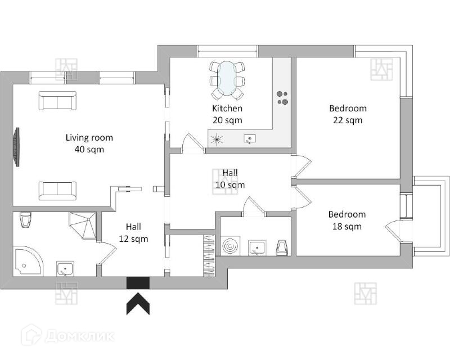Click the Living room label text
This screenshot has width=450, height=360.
pos(89,137)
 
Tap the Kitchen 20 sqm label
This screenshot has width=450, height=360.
pos(227,114)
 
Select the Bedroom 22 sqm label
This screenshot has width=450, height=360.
pos(348,114)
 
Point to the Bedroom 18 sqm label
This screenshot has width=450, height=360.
pos(347,220)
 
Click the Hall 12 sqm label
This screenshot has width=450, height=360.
pos(133,233)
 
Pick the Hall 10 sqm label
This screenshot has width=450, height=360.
pos(230,178)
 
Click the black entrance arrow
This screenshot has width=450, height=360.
pos(138,303)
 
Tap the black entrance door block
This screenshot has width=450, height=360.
pos(138,283)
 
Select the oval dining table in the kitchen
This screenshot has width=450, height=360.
pos(227,78)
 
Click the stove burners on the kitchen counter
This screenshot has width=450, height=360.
pos(282,98)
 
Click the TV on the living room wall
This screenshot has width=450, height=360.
pos(16,147)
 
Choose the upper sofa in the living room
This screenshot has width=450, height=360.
pos(58,101)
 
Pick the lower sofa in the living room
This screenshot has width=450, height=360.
pos(58,191)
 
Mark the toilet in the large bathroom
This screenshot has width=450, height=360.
pos(26,219)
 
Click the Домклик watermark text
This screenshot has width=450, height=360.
pos(80,336)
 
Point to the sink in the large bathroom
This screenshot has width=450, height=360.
pos(65,269)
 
